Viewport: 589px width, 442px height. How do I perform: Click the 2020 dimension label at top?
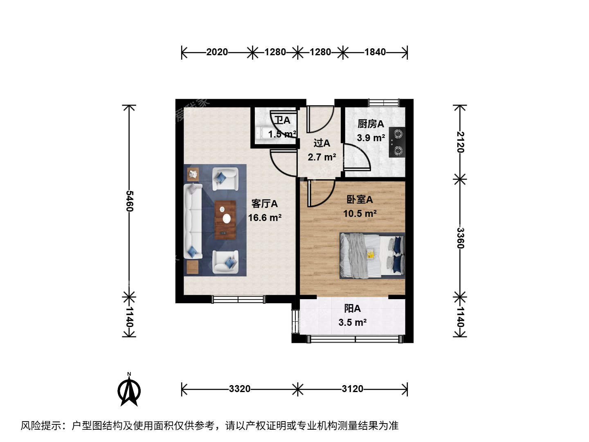pos(217,52)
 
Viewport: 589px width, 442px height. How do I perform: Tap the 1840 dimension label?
pos(375,52)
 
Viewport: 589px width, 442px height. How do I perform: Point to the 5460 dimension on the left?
pos(129,201)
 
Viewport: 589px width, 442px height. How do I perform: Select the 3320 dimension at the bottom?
pos(239,389)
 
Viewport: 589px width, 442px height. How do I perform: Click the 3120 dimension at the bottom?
pos(352,389)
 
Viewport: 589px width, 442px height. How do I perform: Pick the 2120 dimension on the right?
pos(460,142)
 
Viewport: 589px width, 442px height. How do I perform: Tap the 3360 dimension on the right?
pos(460,238)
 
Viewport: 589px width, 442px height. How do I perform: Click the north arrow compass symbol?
pos(129,390)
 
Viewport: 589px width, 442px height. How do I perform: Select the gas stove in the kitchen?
pos(397,142)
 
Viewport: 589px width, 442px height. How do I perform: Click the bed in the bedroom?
pos(372,256)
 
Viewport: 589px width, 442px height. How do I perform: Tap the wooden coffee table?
pos(225,220)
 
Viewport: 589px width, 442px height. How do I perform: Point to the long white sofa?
pos(193,221)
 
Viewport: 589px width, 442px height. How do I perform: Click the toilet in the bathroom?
pos(263,133)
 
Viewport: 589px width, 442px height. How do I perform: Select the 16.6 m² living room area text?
pos(265,218)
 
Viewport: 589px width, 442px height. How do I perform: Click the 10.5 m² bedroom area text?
pos(360,214)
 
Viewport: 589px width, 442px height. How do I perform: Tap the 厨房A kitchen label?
pos(371,124)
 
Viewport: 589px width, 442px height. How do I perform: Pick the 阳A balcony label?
pos(352,309)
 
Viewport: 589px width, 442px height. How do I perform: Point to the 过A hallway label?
pos(322,143)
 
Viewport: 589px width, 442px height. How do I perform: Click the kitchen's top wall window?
pos(384,102)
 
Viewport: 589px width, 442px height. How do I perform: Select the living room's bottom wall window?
pos(238,299)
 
